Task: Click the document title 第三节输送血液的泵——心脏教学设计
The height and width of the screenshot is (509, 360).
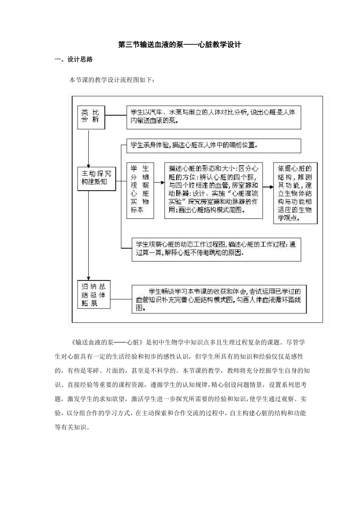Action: pyautogui.click(x=180, y=45)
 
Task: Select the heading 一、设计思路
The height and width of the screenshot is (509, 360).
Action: pyautogui.click(x=74, y=59)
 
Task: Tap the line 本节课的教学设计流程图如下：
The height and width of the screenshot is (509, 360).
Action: pyautogui.click(x=112, y=80)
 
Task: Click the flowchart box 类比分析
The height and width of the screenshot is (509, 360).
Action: pyautogui.click(x=91, y=117)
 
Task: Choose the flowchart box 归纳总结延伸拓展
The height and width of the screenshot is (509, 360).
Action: pyautogui.click(x=94, y=294)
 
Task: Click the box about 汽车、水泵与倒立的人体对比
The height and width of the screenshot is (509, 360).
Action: pyautogui.click(x=213, y=117)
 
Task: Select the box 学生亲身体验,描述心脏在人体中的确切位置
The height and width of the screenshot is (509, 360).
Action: pyautogui.click(x=213, y=145)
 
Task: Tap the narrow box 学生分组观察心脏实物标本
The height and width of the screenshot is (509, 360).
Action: pyautogui.click(x=140, y=190)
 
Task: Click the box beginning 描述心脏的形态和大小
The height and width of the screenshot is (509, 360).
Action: pyautogui.click(x=214, y=190)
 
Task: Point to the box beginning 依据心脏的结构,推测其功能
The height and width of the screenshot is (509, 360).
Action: pyautogui.click(x=295, y=193)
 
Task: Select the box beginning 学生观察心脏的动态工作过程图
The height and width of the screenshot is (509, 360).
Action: pyautogui.click(x=216, y=249)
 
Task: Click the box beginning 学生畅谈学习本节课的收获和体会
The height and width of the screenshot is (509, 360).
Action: pyautogui.click(x=219, y=299)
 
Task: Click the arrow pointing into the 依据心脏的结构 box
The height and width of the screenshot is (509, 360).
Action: pyautogui.click(x=268, y=187)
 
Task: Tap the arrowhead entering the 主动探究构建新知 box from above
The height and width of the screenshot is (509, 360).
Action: pyautogui.click(x=88, y=165)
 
